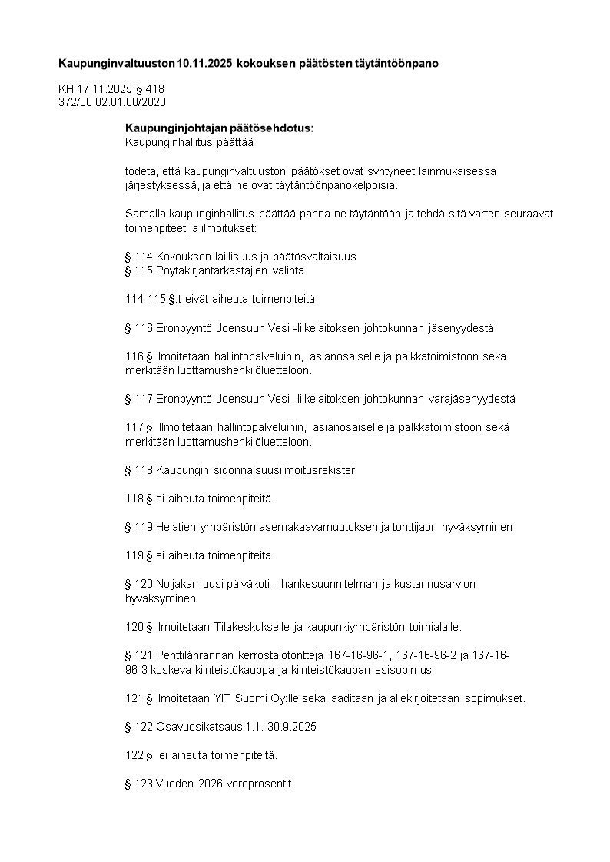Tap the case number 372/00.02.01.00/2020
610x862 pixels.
click(x=112, y=101)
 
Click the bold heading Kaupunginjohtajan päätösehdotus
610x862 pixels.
click(x=219, y=128)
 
